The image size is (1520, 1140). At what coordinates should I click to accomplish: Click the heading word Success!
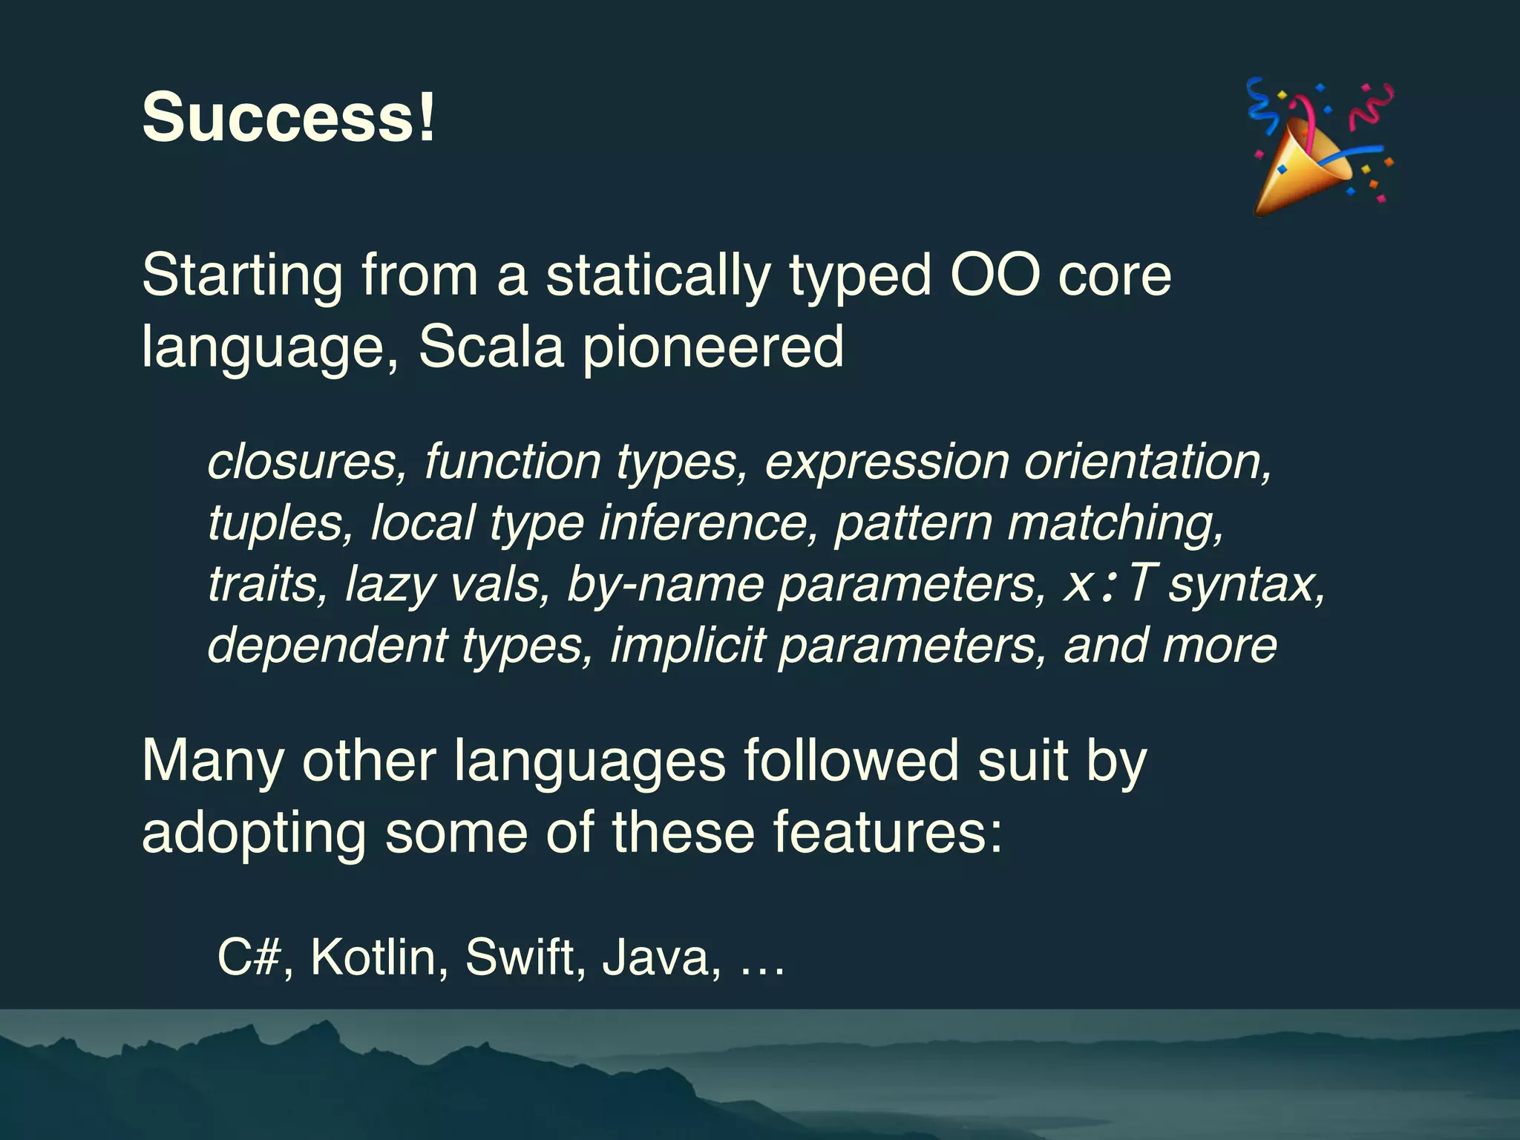click(x=289, y=117)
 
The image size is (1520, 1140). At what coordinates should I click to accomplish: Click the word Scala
click(x=491, y=347)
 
